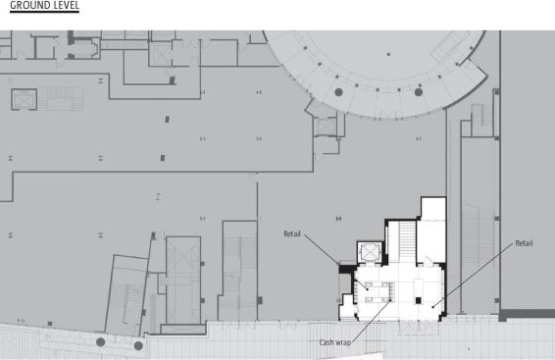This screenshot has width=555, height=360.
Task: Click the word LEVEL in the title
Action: (64, 5)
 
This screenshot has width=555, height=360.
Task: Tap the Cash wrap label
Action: (334, 342)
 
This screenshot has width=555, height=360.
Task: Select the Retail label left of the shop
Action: (292, 233)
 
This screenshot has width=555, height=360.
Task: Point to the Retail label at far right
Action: (524, 243)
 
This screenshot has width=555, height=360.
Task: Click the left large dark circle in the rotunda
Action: (338, 92)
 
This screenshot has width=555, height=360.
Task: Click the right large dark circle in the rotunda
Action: (419, 92)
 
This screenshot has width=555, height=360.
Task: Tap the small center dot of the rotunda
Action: (388, 54)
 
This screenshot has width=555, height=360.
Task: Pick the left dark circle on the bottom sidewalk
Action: (101, 342)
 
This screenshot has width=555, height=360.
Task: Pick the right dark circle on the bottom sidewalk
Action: (138, 345)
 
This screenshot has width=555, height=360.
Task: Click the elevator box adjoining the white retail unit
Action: (370, 252)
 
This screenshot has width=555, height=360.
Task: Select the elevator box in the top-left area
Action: (25, 99)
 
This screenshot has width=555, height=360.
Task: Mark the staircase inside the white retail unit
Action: (407, 241)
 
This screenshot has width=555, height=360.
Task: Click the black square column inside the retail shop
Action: (419, 300)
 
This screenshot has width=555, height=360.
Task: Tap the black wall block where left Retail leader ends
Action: (346, 269)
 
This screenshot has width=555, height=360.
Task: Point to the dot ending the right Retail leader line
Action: (432, 307)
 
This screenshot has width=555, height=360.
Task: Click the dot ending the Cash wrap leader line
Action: (391, 300)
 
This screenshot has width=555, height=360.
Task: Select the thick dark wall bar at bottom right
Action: (527, 314)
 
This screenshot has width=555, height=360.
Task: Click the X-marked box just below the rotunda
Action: (326, 127)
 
